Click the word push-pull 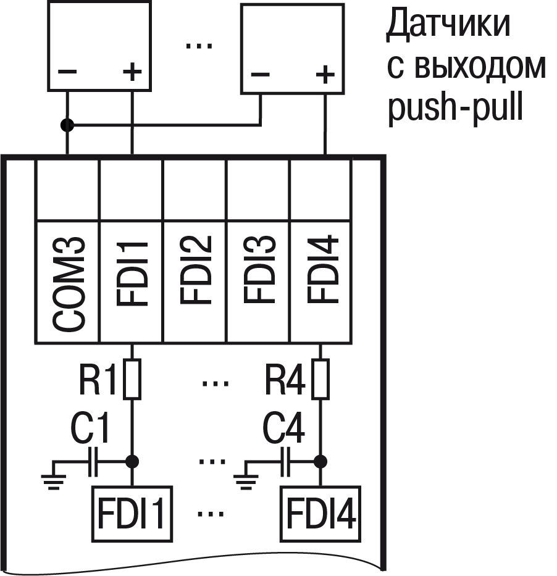click(456, 109)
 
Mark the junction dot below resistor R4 click(320, 461)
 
